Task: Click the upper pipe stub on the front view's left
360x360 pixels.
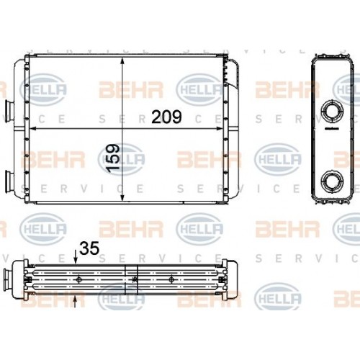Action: (x=9, y=109)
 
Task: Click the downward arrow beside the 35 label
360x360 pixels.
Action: (x=76, y=260)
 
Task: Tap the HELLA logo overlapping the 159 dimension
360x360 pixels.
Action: (x=122, y=160)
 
